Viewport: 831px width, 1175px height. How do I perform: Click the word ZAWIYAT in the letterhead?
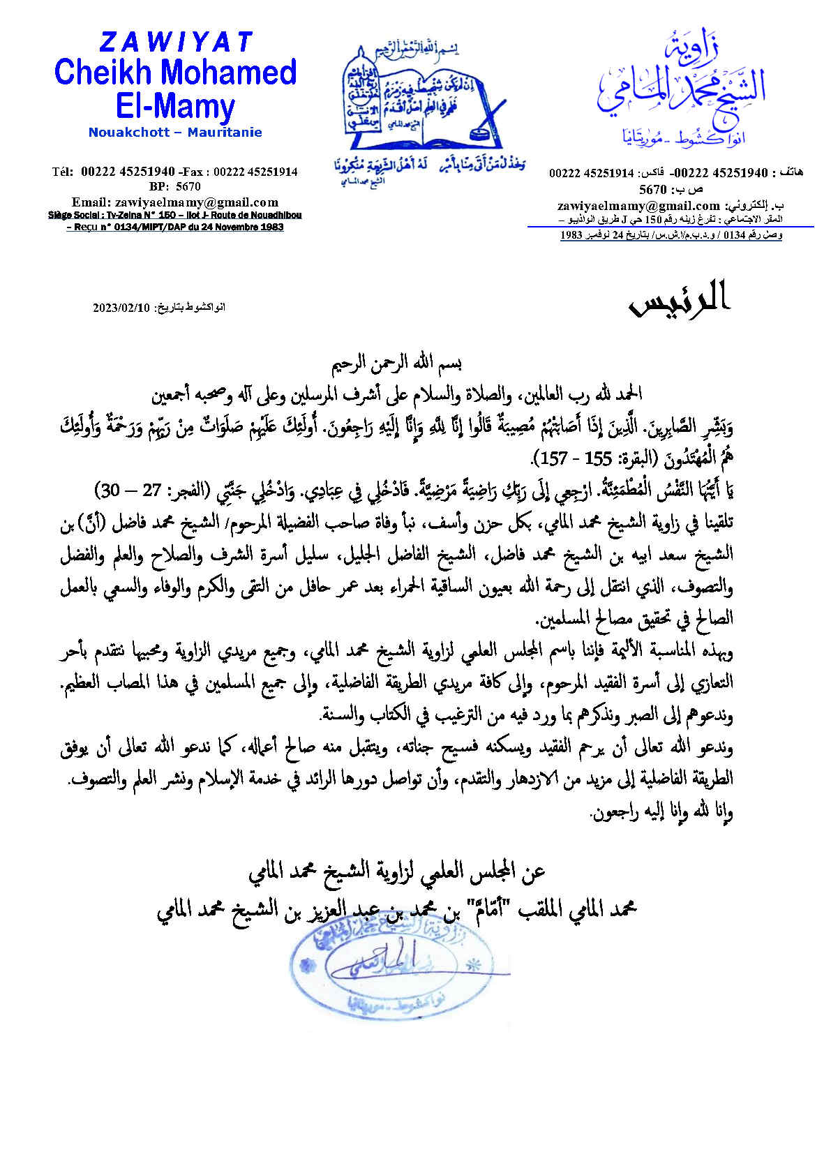click(x=175, y=43)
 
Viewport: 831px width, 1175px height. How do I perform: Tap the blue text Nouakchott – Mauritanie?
click(x=175, y=133)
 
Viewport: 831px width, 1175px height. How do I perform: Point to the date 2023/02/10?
click(x=121, y=308)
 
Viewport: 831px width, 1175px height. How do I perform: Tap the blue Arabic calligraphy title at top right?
click(x=680, y=84)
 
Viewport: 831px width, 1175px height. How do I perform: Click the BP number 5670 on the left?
click(x=188, y=187)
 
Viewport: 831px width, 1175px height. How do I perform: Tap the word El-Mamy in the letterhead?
click(x=175, y=106)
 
